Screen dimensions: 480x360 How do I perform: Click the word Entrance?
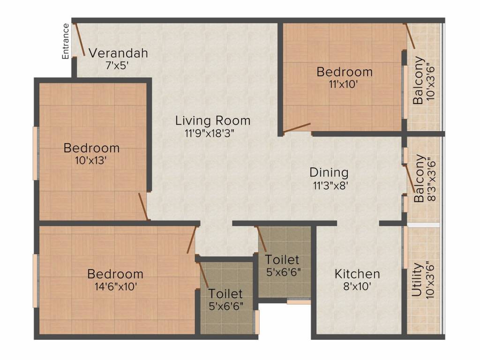[x=66, y=41]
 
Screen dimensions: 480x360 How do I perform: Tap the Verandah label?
[x=119, y=53]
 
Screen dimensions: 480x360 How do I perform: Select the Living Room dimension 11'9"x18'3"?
[x=211, y=134]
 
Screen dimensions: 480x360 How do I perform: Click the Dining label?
[x=329, y=172]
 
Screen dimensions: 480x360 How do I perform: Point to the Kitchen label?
[x=357, y=274]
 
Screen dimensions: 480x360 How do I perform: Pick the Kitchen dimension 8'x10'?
[x=358, y=286]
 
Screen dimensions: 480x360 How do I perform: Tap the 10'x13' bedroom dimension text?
[x=91, y=160]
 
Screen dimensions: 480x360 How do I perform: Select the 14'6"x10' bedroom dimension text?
[x=116, y=286]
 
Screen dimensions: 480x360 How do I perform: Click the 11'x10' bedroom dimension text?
[x=344, y=84]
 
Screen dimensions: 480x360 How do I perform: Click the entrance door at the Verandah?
[x=79, y=39]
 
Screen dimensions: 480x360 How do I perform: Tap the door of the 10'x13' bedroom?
[x=143, y=206]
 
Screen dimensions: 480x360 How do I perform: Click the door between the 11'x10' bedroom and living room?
[x=297, y=128]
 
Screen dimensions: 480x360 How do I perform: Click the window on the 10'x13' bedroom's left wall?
[x=36, y=153]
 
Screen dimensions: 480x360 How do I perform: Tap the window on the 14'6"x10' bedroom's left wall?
[x=36, y=281]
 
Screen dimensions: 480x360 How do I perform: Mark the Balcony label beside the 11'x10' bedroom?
[x=419, y=80]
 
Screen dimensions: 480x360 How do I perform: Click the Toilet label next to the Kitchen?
[x=282, y=260]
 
